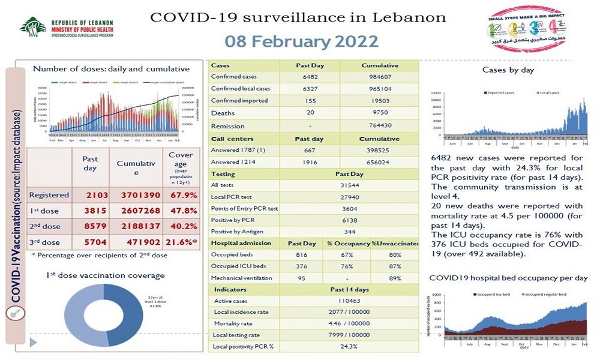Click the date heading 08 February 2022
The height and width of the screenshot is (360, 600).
coord(302,41)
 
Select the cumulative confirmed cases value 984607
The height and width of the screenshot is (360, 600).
coord(380,77)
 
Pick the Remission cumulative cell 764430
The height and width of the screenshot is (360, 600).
coord(380,126)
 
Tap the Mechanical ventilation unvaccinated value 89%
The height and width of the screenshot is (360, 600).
coord(395,278)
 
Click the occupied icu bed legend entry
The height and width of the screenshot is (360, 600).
coord(496,295)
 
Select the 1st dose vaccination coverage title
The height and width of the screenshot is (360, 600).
coord(105,275)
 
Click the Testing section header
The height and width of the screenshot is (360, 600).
coord(223,174)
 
